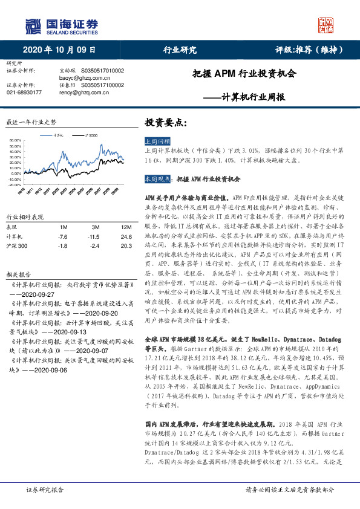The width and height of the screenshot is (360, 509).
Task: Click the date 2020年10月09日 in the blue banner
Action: point(60,50)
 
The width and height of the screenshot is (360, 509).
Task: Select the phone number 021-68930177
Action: point(24,92)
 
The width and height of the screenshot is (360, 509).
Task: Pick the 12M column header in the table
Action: point(126,227)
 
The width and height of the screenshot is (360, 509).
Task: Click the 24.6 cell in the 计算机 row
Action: point(126,237)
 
